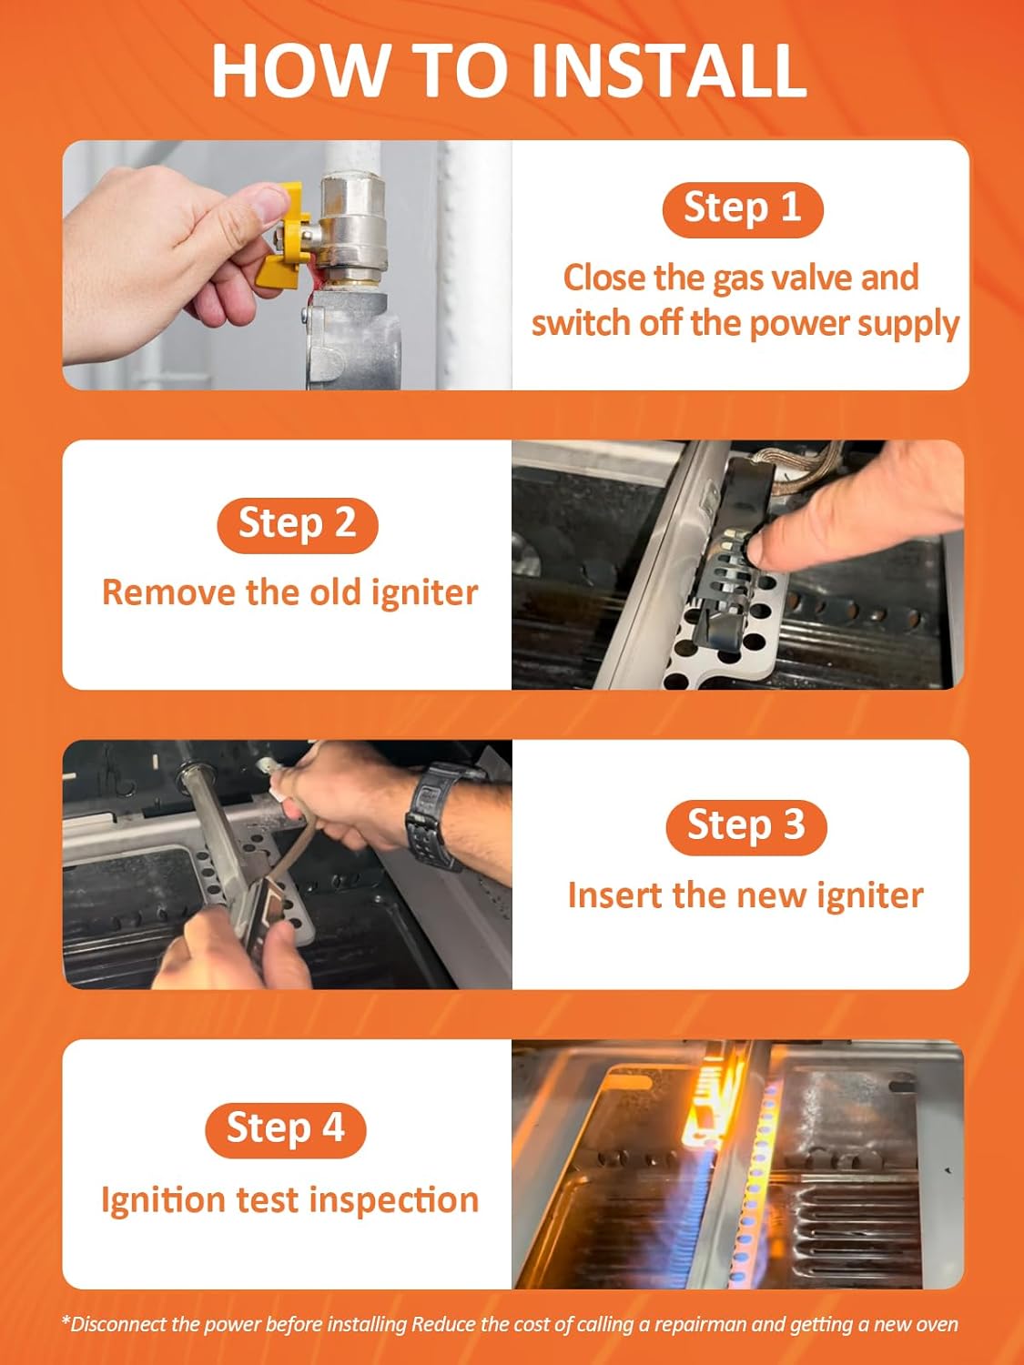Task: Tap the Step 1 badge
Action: point(743,209)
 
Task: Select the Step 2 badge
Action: point(298,525)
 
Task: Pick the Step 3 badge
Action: point(746,828)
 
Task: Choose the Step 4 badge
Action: point(286,1130)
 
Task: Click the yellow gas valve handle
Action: point(283,236)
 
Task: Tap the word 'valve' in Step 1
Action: point(812,278)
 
